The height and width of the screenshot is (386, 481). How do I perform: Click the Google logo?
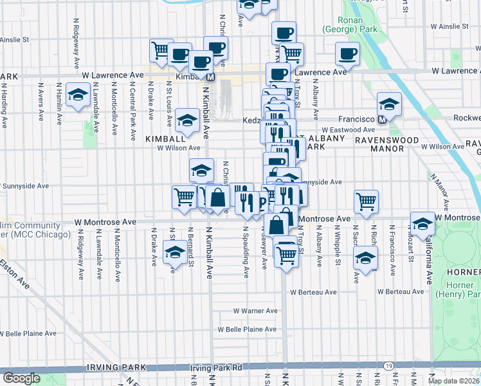click(22, 378)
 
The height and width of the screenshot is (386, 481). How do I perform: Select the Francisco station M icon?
click(381, 120)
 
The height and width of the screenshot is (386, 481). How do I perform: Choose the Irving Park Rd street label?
click(215, 368)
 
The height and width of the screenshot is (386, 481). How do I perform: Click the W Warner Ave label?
click(255, 311)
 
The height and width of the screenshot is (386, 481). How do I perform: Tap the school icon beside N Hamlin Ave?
click(78, 96)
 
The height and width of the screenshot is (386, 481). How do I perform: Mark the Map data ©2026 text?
click(454, 381)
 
